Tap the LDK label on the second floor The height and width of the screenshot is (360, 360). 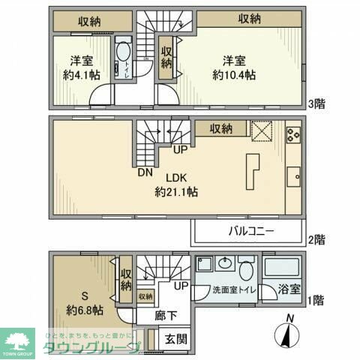pos(175,178)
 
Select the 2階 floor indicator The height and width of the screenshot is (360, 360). pos(315,240)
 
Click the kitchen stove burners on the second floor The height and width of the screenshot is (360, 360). pos(292,135)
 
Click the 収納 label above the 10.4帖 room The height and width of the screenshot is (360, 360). pos(250,19)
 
